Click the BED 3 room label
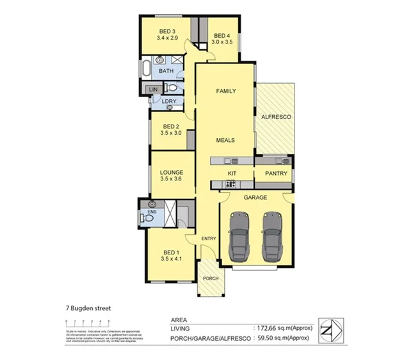166,31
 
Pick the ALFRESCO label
277,118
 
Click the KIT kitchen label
232,173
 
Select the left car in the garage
239,237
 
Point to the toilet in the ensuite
148,217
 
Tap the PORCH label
211,279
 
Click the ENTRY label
209,239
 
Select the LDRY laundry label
169,101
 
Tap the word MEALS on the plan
225,140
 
